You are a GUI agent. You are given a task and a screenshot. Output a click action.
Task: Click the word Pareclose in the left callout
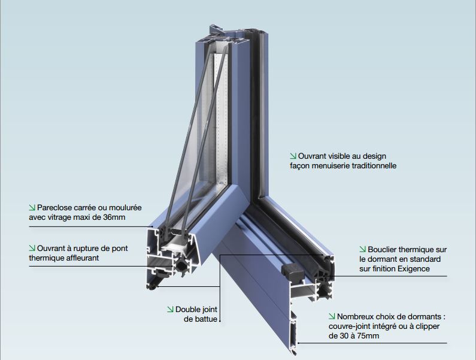click(x=54, y=208)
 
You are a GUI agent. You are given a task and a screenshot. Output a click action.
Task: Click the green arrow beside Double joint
click(x=170, y=309)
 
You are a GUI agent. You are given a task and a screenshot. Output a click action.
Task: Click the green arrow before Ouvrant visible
click(x=293, y=156)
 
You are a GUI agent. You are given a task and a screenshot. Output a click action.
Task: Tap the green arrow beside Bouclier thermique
click(x=363, y=249)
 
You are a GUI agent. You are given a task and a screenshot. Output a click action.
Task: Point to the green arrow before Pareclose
click(x=32, y=207)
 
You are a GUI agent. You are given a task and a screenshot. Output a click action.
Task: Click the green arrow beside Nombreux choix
click(x=332, y=316)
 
